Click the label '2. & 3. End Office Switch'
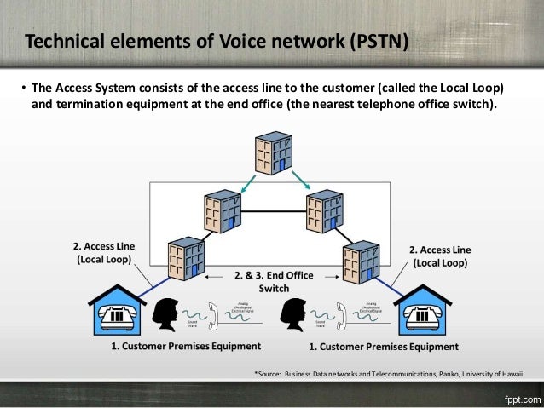point(273,281)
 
